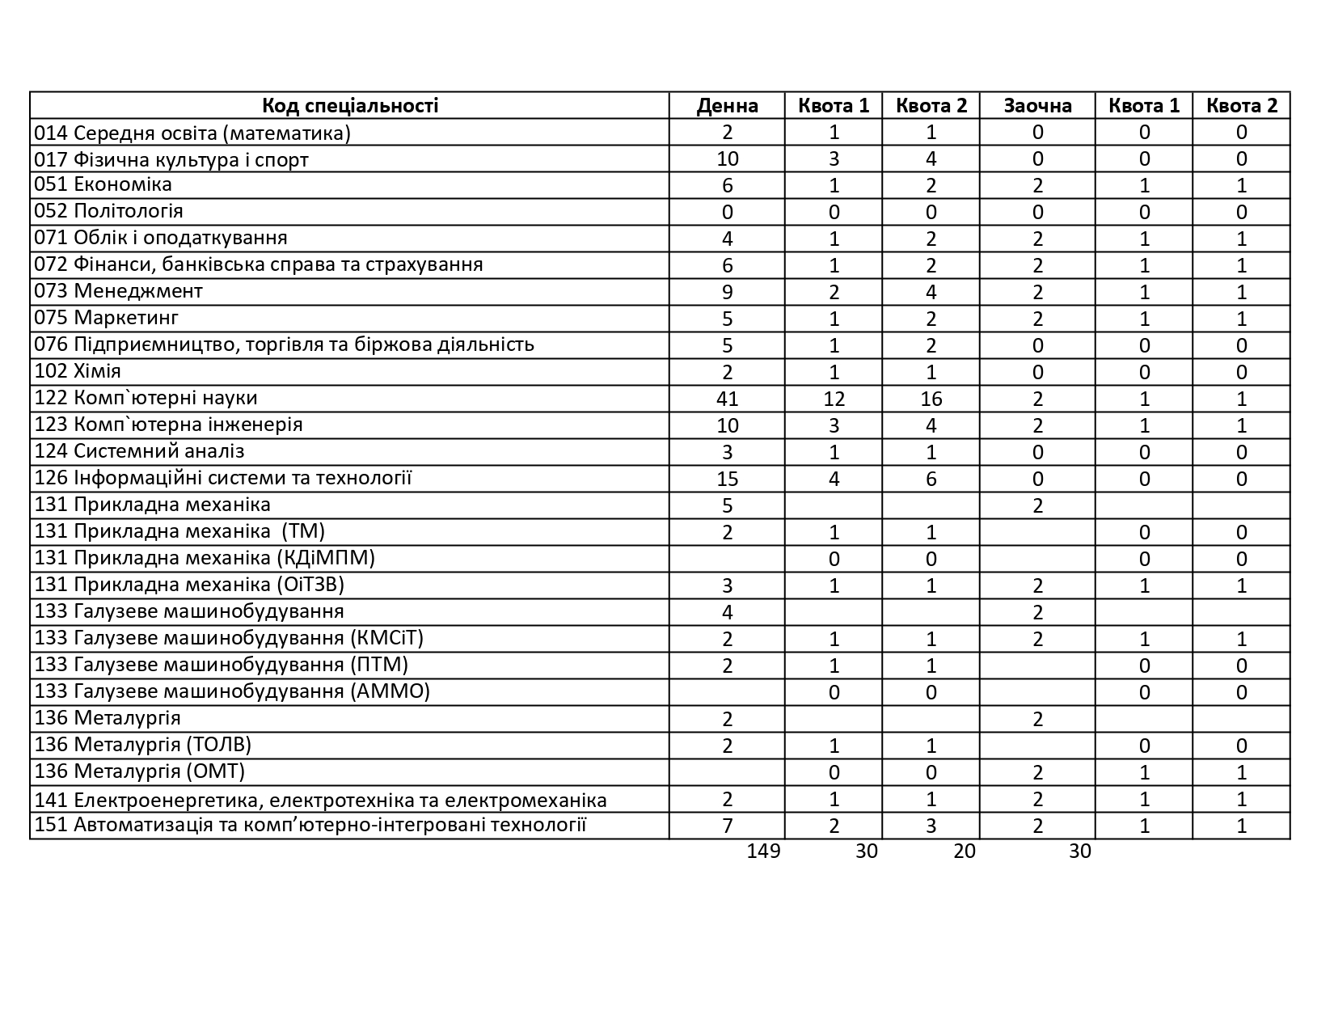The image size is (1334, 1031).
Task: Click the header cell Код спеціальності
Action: click(x=349, y=106)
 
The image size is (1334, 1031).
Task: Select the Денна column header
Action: click(x=727, y=106)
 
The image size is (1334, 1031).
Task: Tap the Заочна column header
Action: click(x=1037, y=106)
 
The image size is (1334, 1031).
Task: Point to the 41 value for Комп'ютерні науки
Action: click(x=727, y=399)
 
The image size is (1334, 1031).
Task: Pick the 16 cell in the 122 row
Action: click(x=931, y=399)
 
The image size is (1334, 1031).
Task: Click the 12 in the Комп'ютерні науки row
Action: click(x=834, y=399)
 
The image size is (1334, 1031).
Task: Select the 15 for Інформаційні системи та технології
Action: click(x=727, y=479)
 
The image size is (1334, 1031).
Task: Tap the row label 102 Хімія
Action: click(x=78, y=372)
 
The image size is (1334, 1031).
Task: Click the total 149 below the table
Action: click(x=763, y=851)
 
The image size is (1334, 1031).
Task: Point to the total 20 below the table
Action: click(x=964, y=851)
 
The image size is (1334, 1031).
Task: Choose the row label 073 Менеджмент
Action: click(x=118, y=292)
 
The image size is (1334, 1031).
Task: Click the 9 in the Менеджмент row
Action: click(x=727, y=293)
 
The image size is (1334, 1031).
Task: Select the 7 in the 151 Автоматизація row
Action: click(x=727, y=826)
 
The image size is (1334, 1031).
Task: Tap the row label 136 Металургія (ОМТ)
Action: click(x=139, y=771)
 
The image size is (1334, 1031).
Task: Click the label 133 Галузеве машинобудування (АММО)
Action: click(x=232, y=691)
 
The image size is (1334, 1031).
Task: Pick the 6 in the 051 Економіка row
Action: click(x=727, y=186)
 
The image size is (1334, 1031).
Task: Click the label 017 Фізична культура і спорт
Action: click(x=171, y=159)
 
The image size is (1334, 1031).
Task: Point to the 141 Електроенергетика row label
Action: click(x=320, y=801)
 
